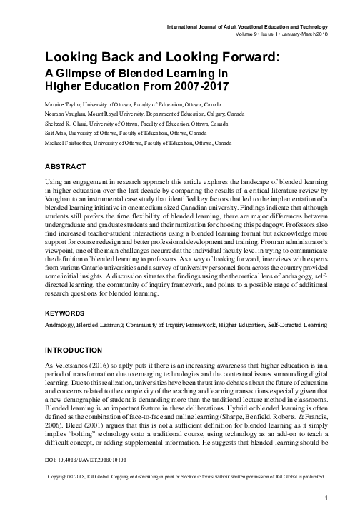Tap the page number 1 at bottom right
click(x=326, y=498)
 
